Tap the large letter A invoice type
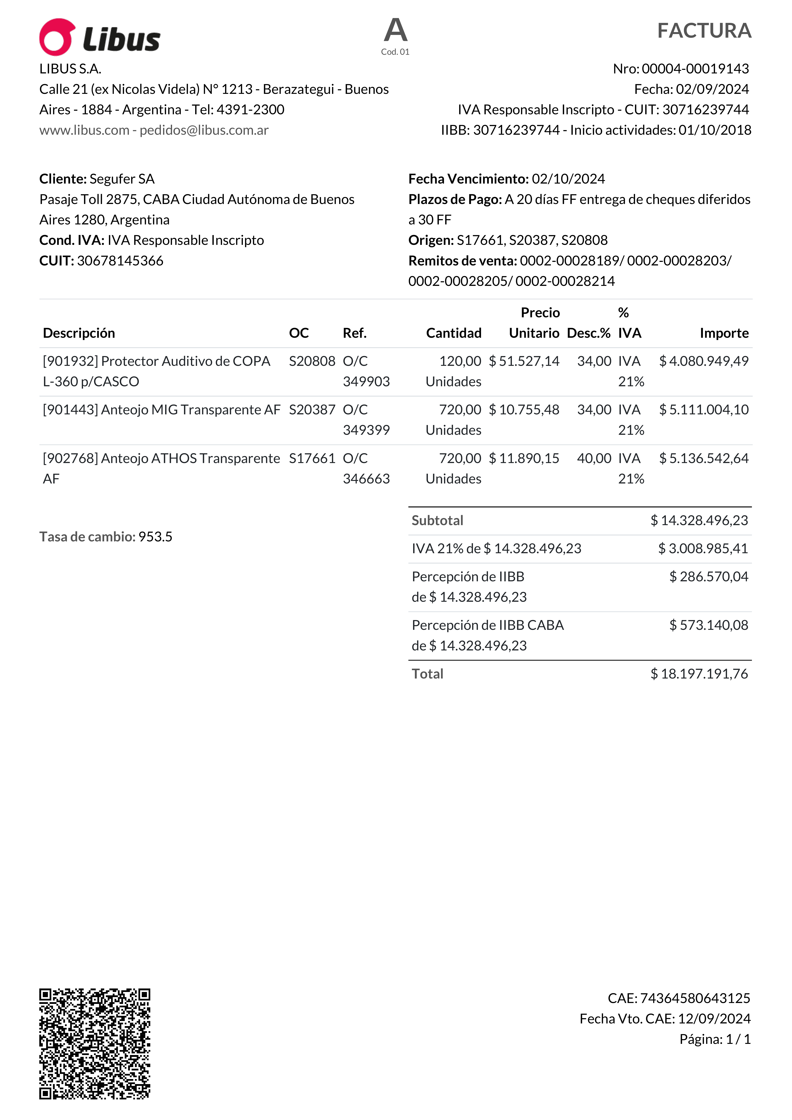(x=395, y=30)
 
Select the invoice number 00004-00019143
(x=695, y=69)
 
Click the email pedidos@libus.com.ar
(x=204, y=130)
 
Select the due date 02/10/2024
(x=568, y=179)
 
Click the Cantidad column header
(x=453, y=333)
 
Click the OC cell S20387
(x=312, y=410)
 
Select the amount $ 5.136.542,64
(x=704, y=459)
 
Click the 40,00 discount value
(x=594, y=459)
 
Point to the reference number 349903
(x=366, y=381)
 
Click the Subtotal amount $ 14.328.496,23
(x=699, y=520)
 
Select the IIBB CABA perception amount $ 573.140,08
(x=709, y=625)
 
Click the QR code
(x=95, y=1044)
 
